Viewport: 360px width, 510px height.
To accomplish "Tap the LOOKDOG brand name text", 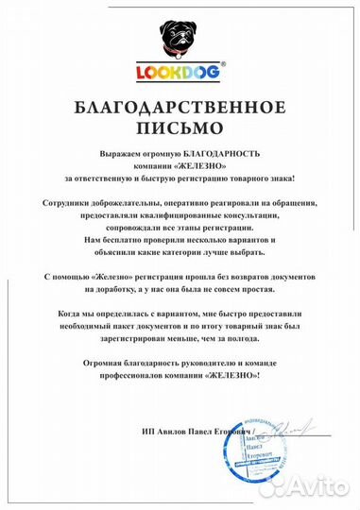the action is tap(180, 70).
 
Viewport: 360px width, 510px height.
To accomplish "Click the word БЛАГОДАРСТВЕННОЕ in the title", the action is tap(180, 107).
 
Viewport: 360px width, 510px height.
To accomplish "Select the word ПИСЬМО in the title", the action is tap(180, 124).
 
